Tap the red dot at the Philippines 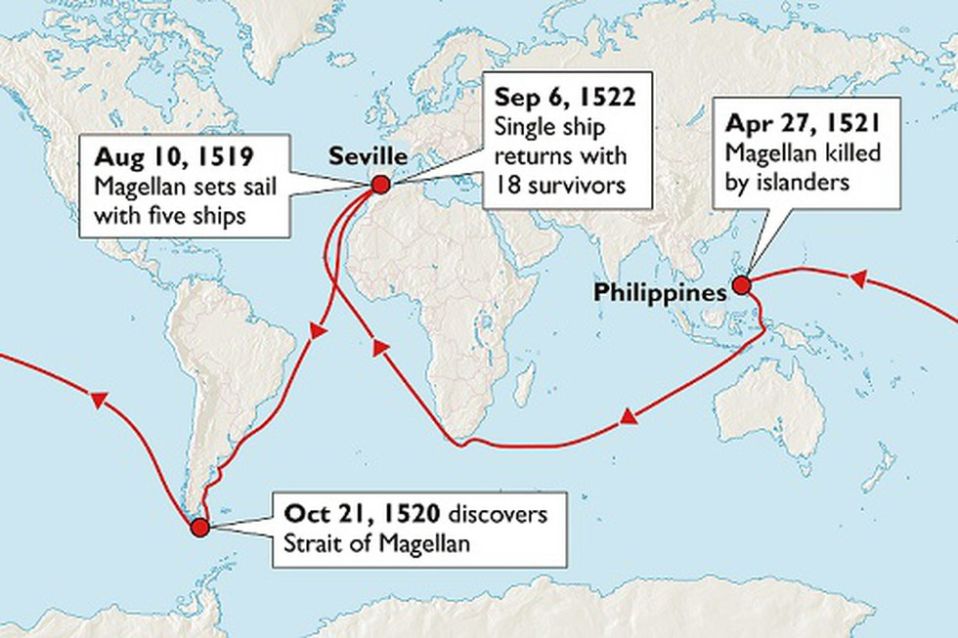(x=741, y=285)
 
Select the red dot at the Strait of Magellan (x=200, y=528)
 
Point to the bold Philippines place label (x=662, y=292)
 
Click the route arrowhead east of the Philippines (x=857, y=279)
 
